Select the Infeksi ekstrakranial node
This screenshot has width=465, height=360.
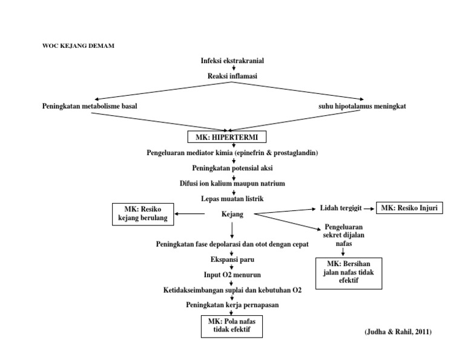pyautogui.click(x=232, y=61)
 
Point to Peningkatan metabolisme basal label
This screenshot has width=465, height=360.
pyautogui.click(x=90, y=106)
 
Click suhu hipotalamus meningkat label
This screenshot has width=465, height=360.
pyautogui.click(x=363, y=106)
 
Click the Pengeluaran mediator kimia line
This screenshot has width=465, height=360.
pyautogui.click(x=232, y=153)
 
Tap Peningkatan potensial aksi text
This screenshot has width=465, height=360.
pyautogui.click(x=232, y=168)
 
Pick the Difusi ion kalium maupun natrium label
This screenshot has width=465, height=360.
pyautogui.click(x=232, y=183)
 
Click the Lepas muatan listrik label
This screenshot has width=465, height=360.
pyautogui.click(x=232, y=198)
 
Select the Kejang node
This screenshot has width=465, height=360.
pyautogui.click(x=232, y=213)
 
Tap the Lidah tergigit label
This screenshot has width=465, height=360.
pyautogui.click(x=341, y=208)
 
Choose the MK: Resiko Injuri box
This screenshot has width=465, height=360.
pyautogui.click(x=409, y=208)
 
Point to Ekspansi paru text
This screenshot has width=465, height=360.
pyautogui.click(x=232, y=259)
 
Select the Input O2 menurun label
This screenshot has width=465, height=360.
pyautogui.click(x=232, y=275)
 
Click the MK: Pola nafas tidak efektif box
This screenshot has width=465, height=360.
pyautogui.click(x=233, y=325)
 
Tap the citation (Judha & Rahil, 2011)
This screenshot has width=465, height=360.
pyautogui.click(x=398, y=333)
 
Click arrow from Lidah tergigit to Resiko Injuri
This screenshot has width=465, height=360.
pyautogui.click(x=369, y=208)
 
